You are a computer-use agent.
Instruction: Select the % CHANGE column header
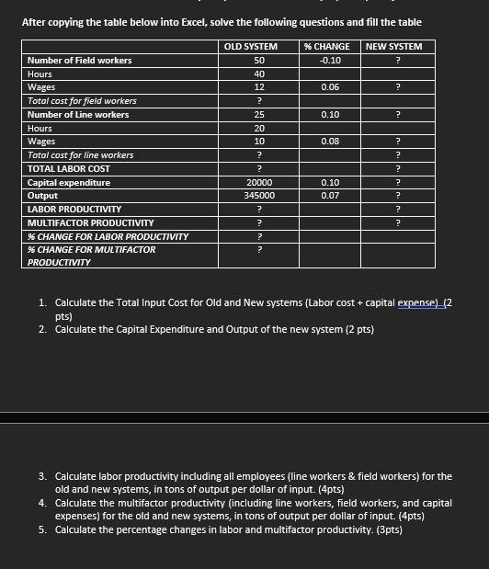coord(326,46)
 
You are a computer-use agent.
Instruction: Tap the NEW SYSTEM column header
coord(393,46)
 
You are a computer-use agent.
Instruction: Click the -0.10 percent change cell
coord(330,60)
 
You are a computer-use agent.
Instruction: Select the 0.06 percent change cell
coord(330,87)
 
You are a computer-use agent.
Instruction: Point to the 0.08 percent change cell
coord(330,142)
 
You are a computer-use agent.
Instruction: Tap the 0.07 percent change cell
coord(330,196)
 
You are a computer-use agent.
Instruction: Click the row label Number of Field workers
coord(79,61)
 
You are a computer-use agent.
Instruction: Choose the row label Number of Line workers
coord(78,115)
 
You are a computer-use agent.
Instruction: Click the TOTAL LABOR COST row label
coord(69,169)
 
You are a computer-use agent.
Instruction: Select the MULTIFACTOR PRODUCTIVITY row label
coord(90,223)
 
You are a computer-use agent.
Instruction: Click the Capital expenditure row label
coord(69,183)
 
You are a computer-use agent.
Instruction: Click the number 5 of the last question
coord(43,529)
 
